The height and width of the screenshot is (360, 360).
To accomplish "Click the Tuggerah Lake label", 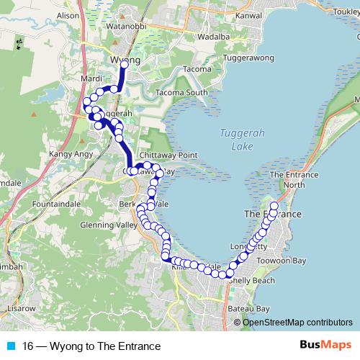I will click(x=233, y=140).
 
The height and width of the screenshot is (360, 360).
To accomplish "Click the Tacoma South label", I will click(x=181, y=92).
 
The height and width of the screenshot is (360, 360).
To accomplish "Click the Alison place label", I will click(x=67, y=14).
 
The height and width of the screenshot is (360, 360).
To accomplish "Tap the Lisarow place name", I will click(x=21, y=308).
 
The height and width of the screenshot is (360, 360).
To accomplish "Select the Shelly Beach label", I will click(x=251, y=280).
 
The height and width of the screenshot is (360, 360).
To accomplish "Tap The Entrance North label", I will click(x=293, y=180).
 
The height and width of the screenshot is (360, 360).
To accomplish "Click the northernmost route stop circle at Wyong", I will click(x=124, y=65).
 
